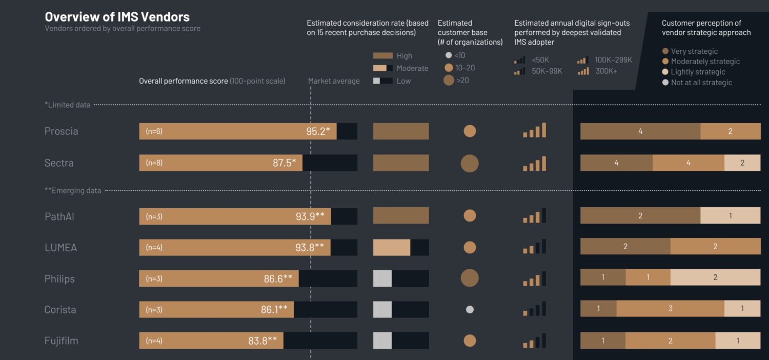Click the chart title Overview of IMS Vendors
point(117,16)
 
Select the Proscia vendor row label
point(62,131)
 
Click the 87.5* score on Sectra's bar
point(285,163)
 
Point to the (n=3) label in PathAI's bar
point(154,216)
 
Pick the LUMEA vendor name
point(60,248)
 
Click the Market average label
point(334,81)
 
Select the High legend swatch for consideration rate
point(383,56)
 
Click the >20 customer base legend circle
point(449,81)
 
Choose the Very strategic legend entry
point(694,51)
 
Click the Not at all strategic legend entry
point(701,83)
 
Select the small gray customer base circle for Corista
point(470,310)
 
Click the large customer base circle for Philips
point(470,278)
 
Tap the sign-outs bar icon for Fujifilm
point(535,341)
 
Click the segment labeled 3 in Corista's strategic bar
point(670,309)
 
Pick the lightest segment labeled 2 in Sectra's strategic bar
point(742,163)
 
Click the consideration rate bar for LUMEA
point(400,248)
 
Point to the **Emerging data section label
point(73,191)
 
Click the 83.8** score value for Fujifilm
point(262,341)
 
